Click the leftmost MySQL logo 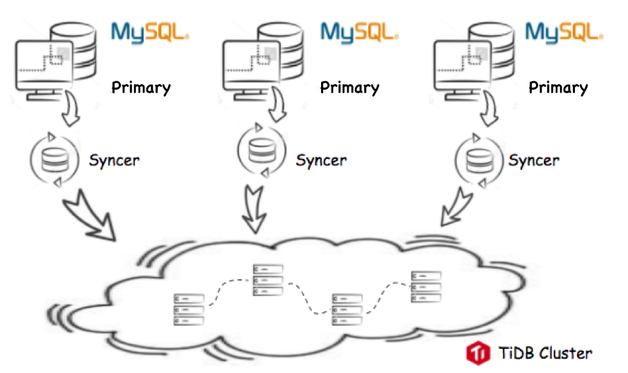[150, 32]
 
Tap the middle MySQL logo [359, 32]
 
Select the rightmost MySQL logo [564, 32]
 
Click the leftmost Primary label [141, 88]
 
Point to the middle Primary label [349, 88]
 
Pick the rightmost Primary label [558, 88]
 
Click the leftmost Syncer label [114, 160]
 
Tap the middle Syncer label [321, 160]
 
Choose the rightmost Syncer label [534, 160]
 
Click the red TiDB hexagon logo [478, 353]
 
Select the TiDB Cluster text [545, 353]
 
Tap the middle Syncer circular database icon [262, 150]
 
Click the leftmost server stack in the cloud [189, 309]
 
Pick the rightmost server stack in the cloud [426, 287]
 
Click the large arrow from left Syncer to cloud [90, 216]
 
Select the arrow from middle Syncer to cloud [255, 209]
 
